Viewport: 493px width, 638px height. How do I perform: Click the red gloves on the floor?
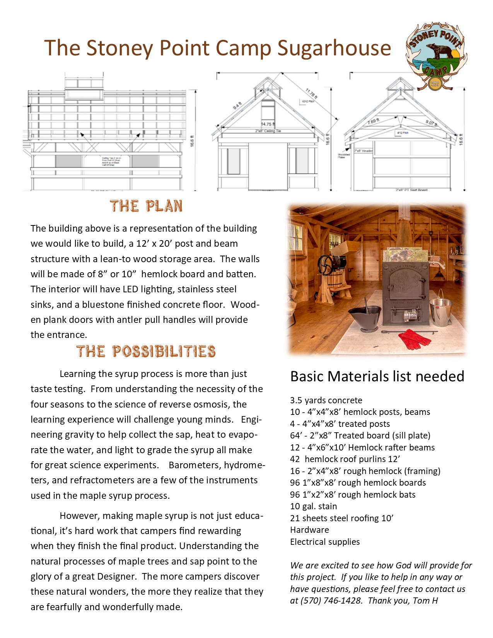point(415,339)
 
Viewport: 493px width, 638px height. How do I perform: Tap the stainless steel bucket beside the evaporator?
point(441,312)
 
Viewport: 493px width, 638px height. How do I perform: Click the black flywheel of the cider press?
point(326,265)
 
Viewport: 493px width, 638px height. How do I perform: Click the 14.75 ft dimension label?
point(268,124)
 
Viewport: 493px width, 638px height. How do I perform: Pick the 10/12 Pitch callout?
point(308,102)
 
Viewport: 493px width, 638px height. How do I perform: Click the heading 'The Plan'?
point(146,206)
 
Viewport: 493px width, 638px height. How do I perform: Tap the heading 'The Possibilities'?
point(146,351)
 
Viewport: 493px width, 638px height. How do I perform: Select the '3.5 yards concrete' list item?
point(326,400)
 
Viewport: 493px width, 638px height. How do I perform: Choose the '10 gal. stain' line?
point(313,506)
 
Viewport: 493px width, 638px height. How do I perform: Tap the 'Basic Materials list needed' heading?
point(377,376)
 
